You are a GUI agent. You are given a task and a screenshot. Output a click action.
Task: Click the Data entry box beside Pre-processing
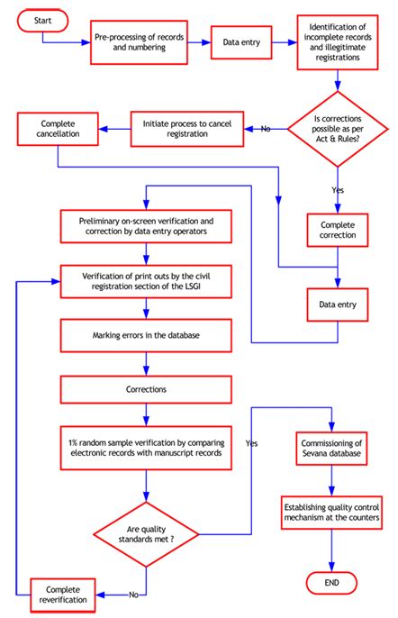[x=240, y=41]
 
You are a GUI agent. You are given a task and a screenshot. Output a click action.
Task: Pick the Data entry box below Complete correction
[x=338, y=304]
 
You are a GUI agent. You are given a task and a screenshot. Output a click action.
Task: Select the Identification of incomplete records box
[x=338, y=43]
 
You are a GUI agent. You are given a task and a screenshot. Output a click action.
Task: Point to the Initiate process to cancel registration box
[x=184, y=127]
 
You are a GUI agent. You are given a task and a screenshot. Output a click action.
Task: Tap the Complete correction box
[x=338, y=229]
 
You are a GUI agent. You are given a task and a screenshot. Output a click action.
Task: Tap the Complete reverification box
[x=61, y=593]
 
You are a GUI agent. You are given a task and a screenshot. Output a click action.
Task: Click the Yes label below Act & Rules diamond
[x=338, y=190]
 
